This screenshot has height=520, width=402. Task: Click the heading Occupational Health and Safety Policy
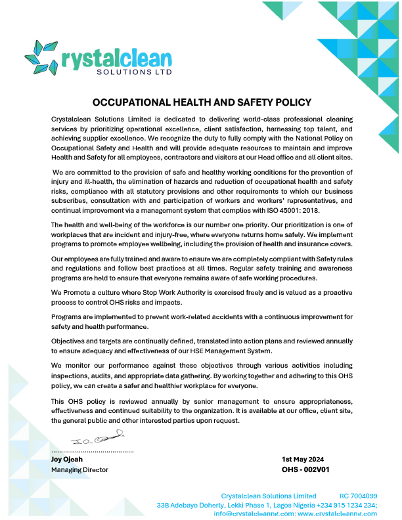point(202,102)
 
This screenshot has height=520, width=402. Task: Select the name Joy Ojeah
point(67,459)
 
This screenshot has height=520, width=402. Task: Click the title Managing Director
point(79,469)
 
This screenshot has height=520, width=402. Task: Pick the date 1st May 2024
point(303,459)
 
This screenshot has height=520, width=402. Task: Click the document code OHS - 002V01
point(305,469)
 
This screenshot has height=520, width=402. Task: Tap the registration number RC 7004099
point(358,496)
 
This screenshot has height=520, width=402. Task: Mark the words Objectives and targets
point(87,340)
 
